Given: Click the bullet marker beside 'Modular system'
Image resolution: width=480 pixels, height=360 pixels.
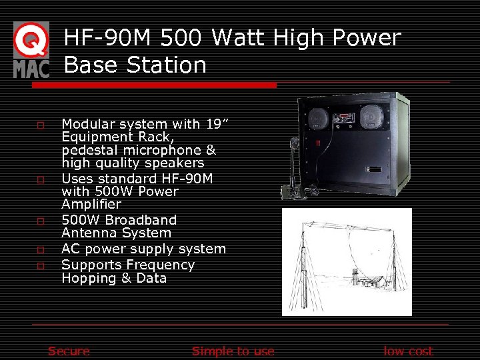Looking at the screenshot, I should (41, 125).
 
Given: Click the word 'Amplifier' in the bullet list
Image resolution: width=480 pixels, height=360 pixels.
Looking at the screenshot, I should (91, 204).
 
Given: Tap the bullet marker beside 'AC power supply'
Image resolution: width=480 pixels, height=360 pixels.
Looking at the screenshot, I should (41, 250).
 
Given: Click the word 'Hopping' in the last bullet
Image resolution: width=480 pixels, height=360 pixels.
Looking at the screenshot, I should (87, 278).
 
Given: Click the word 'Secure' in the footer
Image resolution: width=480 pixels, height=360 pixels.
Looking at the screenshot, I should (69, 351).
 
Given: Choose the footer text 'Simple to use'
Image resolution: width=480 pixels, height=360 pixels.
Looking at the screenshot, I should (233, 351).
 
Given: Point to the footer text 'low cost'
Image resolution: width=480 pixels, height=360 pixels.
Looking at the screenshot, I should (408, 351).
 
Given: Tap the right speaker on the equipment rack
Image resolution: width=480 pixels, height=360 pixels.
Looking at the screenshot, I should (371, 117).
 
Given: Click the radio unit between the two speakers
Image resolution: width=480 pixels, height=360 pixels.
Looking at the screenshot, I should (344, 119).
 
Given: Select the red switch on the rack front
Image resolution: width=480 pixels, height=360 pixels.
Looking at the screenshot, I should (318, 143).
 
